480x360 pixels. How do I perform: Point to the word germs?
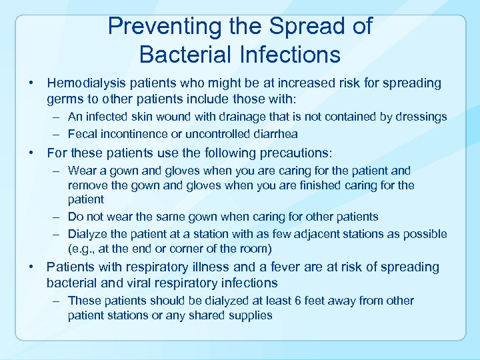click(65, 99)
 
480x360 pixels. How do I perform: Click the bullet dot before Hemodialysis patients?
click(31, 84)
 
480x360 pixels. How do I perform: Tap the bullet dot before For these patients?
click(31, 153)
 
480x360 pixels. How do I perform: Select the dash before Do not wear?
click(58, 217)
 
